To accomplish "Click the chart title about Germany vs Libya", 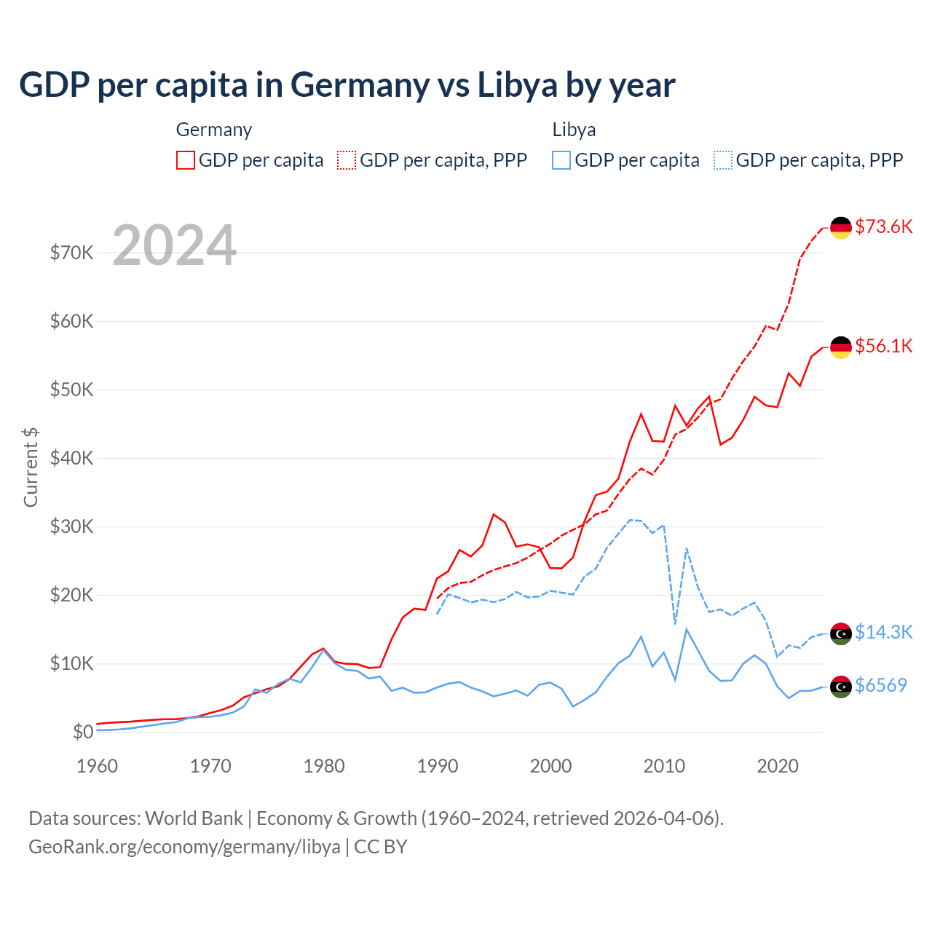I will [347, 85].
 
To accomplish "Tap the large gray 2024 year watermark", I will [174, 245].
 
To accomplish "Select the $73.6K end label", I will [883, 226].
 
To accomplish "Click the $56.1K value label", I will [883, 346].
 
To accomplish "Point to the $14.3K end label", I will [883, 632].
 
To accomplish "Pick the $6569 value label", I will [880, 685].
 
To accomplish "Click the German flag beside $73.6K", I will [841, 227].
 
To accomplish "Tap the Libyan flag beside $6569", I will [841, 686].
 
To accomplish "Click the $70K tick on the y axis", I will [71, 253].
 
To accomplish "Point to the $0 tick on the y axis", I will [83, 732].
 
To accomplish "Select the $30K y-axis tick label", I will [71, 526].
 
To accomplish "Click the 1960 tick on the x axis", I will [97, 766].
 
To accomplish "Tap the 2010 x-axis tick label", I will [664, 766].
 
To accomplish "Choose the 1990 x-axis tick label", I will [438, 766].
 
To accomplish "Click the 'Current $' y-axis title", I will [31, 467].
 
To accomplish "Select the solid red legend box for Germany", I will [186, 160].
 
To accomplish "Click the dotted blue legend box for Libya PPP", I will [723, 160].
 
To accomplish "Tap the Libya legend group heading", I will [574, 130].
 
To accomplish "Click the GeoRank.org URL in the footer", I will [184, 847].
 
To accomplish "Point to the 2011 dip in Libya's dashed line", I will [675, 623].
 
